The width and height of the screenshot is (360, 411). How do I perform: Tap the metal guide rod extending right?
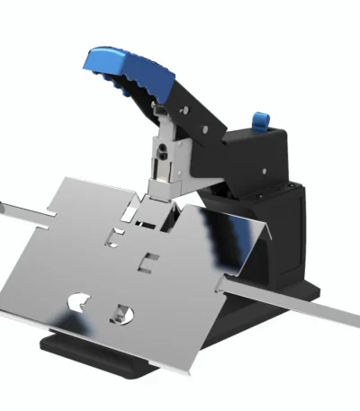(x=297, y=300)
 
